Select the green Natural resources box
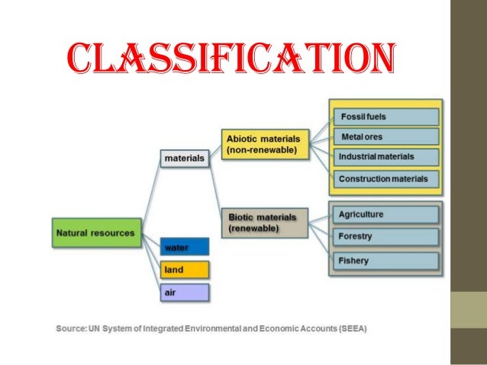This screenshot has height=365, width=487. coord(96,232)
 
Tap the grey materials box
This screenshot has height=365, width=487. coord(185,158)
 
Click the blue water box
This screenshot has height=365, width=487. coord(184,247)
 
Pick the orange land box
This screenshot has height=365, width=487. coord(184,270)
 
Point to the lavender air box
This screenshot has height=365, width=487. coord(184,292)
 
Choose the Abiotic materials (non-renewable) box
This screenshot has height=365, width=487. coord(265,144)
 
